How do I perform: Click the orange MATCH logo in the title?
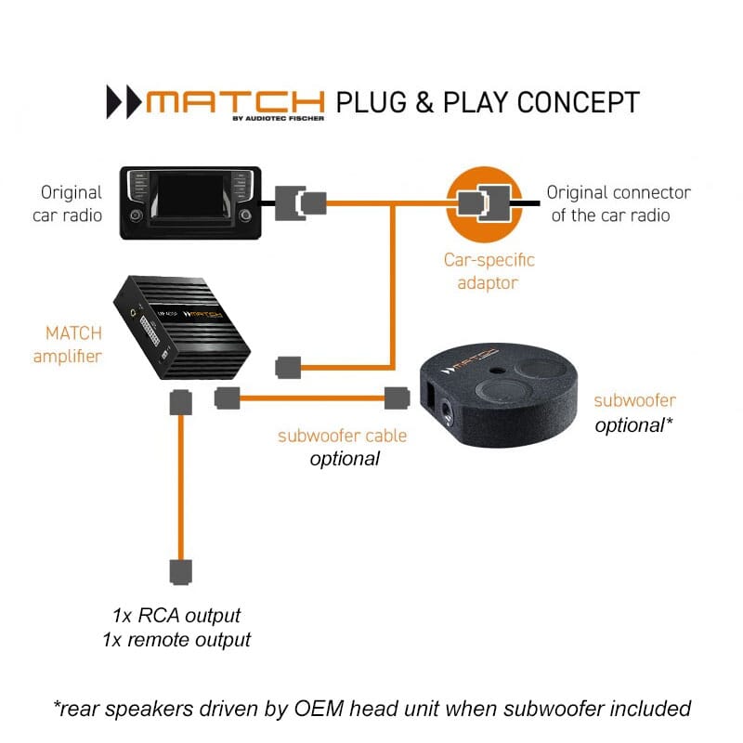tap(236, 102)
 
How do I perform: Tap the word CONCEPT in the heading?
tap(578, 102)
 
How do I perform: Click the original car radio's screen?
tap(190, 196)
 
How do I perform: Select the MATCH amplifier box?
tap(182, 328)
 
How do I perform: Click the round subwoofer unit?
tap(499, 395)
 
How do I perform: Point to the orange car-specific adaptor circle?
tap(484, 204)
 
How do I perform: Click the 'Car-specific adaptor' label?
tap(489, 271)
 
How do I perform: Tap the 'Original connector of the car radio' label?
tap(619, 203)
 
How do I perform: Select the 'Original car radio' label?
tap(67, 203)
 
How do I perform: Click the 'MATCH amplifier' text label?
tap(67, 345)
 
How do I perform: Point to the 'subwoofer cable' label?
tap(342, 436)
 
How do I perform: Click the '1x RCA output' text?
tap(176, 616)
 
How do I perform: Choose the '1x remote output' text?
tap(176, 640)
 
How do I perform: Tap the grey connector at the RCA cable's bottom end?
tap(180, 572)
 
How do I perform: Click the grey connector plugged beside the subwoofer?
tap(398, 398)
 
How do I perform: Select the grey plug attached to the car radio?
tap(290, 202)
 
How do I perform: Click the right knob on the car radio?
tap(245, 215)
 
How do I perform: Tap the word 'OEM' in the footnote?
tap(319, 709)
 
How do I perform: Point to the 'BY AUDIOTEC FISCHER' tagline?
tap(278, 119)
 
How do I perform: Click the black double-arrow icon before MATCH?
tap(124, 102)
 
